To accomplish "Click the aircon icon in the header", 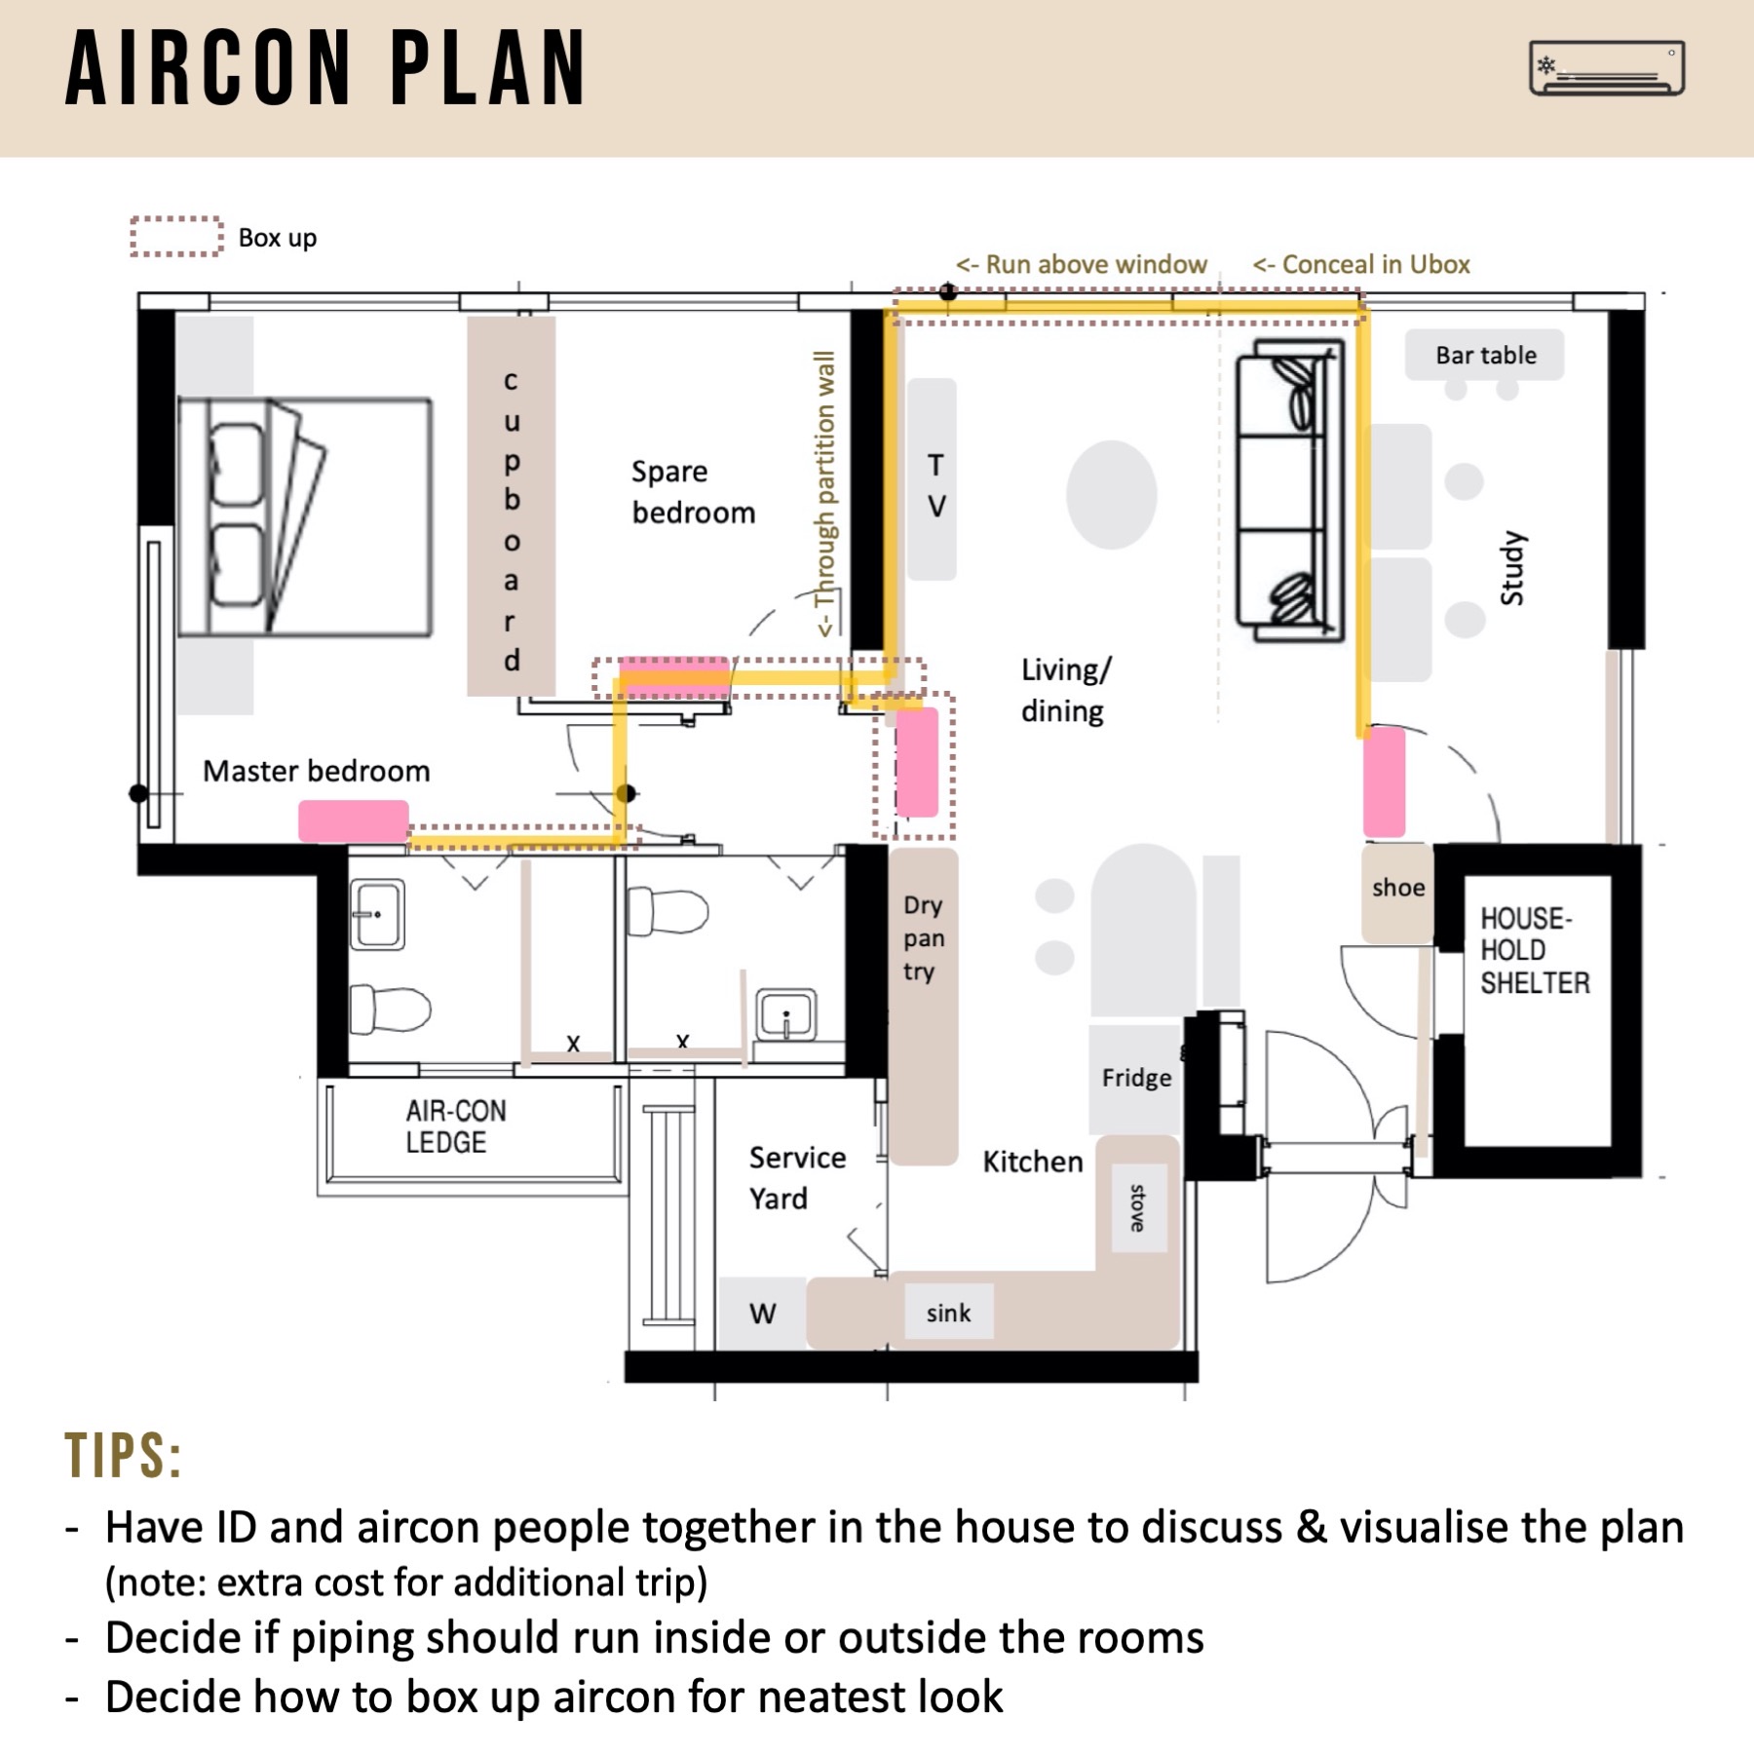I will coord(1606,68).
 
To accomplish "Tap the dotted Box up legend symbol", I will coord(176,237).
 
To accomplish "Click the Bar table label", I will coord(1484,356).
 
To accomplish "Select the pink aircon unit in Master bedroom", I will coord(353,820).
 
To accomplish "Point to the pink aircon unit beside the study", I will coord(1384,782).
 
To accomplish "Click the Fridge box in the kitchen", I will coord(1135,1078).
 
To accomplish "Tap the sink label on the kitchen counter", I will coord(948,1313).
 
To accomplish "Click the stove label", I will coord(1138,1208).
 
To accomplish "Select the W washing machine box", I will coord(762,1314).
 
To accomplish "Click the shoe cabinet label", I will coord(1397,888).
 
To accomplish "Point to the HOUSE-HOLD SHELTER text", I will coord(1534,950).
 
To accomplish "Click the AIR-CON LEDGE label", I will coord(455,1126).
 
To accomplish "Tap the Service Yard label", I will coord(796,1177).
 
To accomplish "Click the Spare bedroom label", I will coord(692,492).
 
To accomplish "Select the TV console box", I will coord(933,479).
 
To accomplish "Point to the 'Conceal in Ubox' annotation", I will coord(1361,264).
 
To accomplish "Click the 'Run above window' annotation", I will coord(1081,264).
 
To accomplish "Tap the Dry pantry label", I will coord(922,937).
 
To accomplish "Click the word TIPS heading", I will coord(124,1457).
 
